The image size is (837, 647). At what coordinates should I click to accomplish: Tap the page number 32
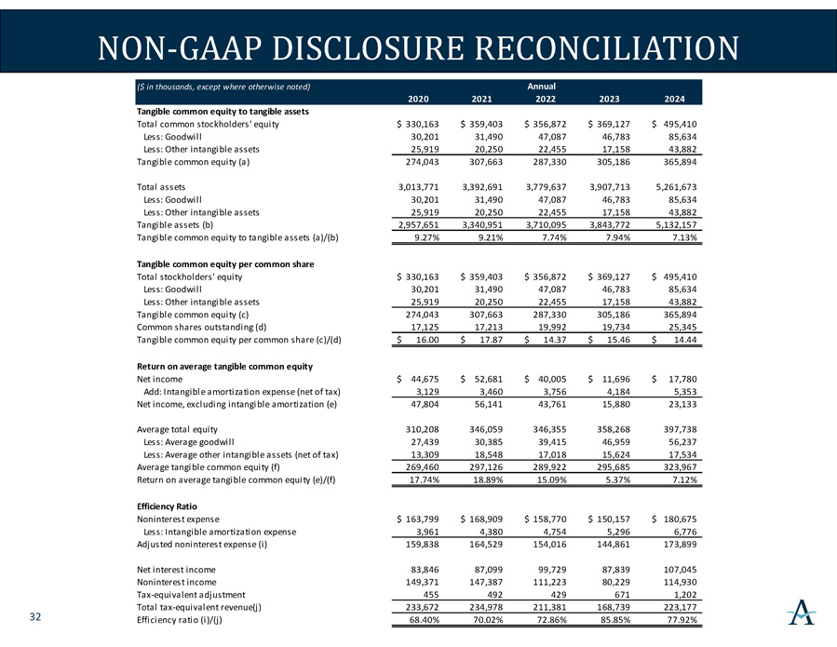pyautogui.click(x=34, y=617)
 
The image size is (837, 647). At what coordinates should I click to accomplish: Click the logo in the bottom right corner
pyautogui.click(x=800, y=612)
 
